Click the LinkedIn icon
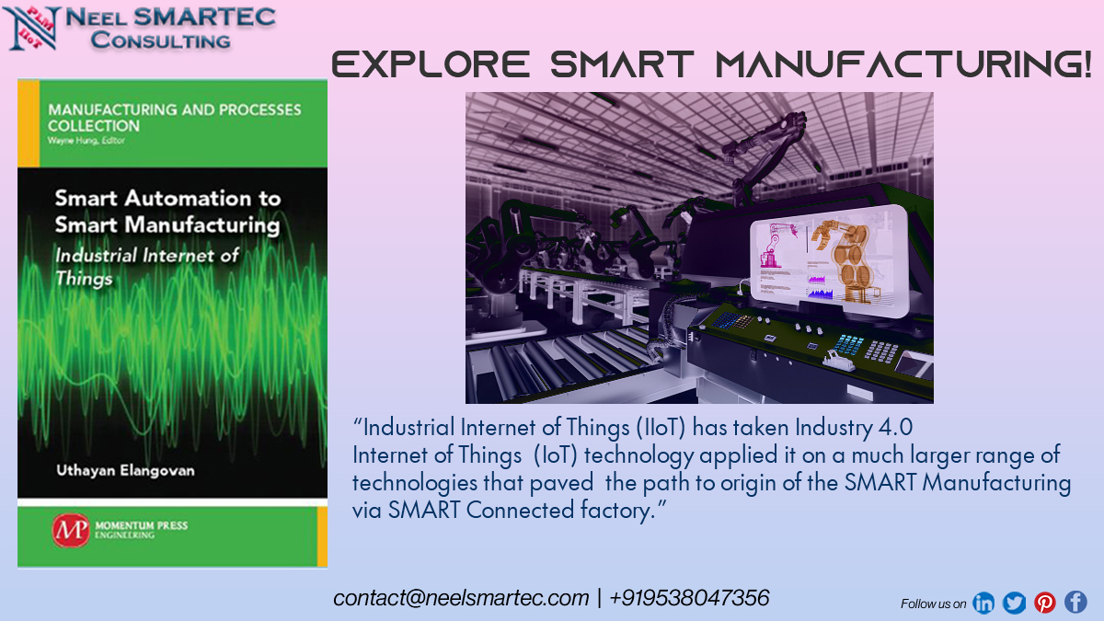(x=983, y=603)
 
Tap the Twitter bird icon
(x=1014, y=603)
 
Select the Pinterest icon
(x=1045, y=603)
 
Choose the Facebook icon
(x=1075, y=603)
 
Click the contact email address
(x=461, y=598)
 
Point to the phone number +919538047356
(x=689, y=598)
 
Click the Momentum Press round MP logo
(x=67, y=531)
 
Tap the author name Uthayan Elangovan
(x=122, y=470)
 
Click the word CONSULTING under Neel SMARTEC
(x=160, y=40)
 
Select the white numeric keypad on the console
(x=881, y=351)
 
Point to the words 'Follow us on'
(x=933, y=604)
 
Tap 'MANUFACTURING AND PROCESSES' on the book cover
(x=174, y=109)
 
